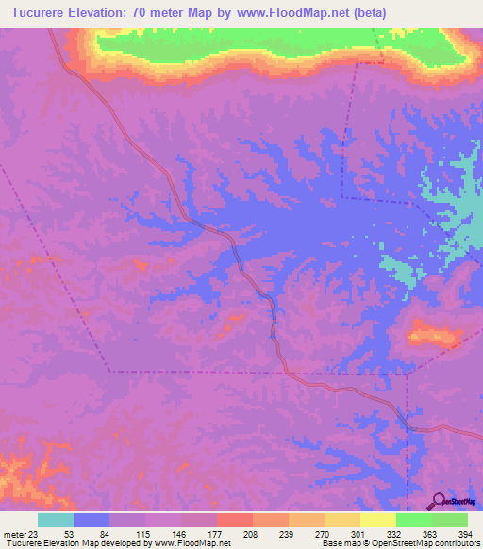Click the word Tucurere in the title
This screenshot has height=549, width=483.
point(42,12)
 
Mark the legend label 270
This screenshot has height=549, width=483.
point(323,535)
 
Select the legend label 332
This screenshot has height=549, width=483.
point(395,535)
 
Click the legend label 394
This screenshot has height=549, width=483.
point(465,535)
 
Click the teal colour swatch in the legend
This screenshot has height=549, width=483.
point(56,520)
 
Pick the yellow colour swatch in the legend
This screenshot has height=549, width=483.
point(341,520)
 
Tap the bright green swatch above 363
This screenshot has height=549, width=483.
point(413,520)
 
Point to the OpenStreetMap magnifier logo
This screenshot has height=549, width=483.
point(439,500)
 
